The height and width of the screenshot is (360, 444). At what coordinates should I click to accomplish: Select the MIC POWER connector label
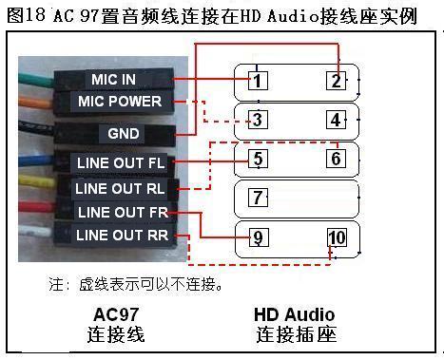[120, 102]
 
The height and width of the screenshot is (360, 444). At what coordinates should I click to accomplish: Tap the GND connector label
[125, 133]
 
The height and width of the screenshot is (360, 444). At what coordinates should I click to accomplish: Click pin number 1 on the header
[257, 80]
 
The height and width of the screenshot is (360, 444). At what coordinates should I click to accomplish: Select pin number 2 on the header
[336, 80]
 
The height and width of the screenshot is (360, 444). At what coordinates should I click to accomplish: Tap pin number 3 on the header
[257, 120]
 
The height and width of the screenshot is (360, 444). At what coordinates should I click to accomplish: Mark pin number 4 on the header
[336, 120]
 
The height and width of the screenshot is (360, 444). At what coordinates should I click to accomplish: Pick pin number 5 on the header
[257, 158]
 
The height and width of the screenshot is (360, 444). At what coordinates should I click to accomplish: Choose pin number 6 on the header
[336, 158]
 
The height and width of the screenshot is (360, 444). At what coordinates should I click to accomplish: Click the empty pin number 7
[257, 198]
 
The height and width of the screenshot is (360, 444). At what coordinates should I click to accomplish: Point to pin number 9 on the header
[257, 237]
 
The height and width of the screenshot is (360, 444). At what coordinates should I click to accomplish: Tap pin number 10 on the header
[336, 237]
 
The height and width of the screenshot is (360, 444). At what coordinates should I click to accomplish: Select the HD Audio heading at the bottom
[295, 314]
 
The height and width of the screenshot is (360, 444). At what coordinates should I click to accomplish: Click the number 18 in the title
[40, 15]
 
